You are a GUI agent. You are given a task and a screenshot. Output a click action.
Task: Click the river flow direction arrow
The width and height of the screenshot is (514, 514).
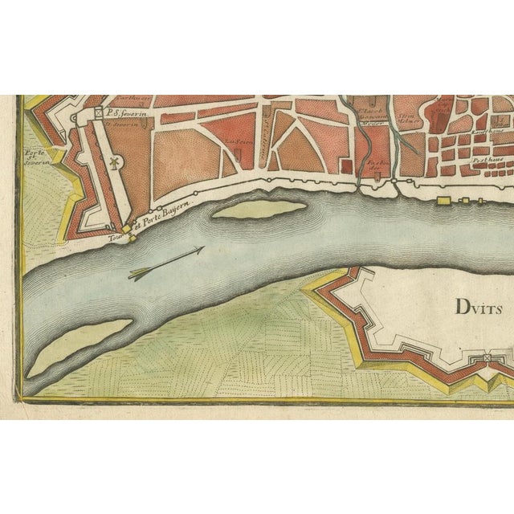[x=165, y=263]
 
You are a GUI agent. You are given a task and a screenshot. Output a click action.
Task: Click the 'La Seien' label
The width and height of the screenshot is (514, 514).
[x=235, y=145]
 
